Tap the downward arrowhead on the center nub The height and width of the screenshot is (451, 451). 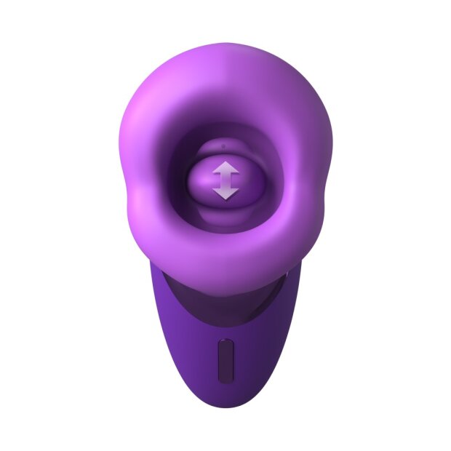[x=225, y=193]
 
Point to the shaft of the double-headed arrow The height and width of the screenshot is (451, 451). [x=225, y=181]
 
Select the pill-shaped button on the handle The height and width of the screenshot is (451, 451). [x=225, y=359]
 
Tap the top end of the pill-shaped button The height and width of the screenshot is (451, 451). [x=225, y=343]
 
